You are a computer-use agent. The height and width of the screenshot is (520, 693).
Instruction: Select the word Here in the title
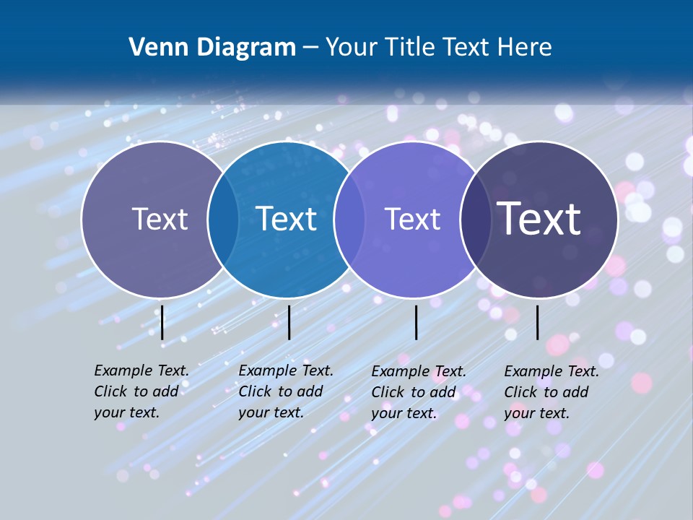[525, 48]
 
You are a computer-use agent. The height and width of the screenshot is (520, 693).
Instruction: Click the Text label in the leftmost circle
[160, 219]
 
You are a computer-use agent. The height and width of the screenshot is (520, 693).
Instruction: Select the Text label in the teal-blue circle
[287, 219]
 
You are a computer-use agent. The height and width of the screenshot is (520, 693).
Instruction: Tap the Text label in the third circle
[412, 219]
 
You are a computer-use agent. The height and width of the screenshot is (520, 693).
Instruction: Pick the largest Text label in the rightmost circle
[539, 218]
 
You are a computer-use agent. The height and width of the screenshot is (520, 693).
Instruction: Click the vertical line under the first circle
[162, 322]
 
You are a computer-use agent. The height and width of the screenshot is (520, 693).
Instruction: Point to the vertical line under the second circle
[289, 322]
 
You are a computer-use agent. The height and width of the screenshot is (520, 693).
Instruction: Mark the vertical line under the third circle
[416, 322]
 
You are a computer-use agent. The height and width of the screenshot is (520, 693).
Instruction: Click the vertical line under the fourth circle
[537, 322]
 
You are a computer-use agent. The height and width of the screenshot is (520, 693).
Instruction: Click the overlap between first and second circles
[223, 219]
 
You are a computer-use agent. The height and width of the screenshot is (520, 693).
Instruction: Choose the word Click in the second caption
[255, 391]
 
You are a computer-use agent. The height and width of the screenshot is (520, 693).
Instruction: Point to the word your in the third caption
[385, 413]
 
